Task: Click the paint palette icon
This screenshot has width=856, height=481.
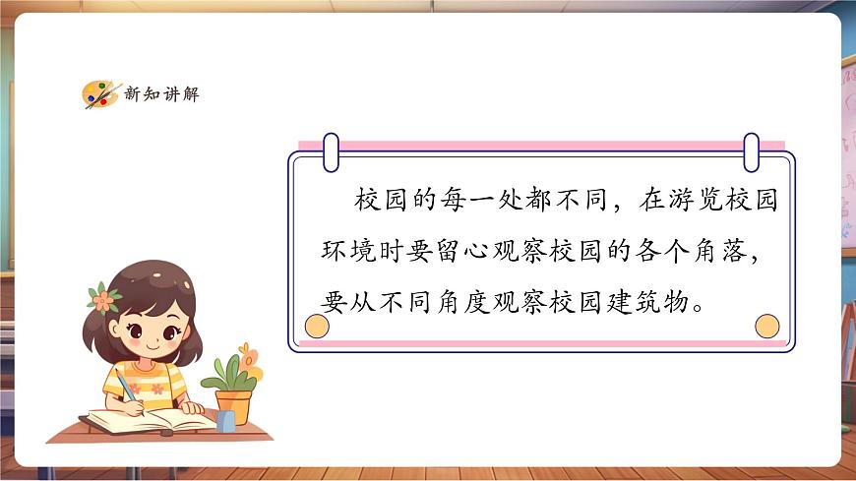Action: (x=99, y=93)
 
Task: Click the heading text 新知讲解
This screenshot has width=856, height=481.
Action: (x=161, y=94)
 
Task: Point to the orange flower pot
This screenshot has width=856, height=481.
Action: (x=233, y=405)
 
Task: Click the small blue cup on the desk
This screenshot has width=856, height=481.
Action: (x=226, y=421)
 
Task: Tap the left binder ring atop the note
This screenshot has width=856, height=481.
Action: (x=331, y=151)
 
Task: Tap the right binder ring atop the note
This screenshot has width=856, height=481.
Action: (x=752, y=151)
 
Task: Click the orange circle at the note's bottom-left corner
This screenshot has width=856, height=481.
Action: (x=318, y=326)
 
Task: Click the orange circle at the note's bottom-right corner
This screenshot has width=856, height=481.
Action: (x=765, y=326)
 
